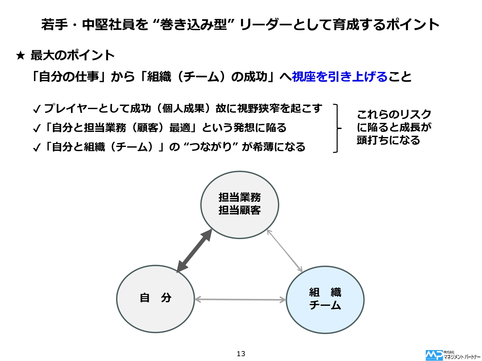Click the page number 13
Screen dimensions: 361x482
(x=241, y=354)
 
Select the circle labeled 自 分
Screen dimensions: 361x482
(x=156, y=299)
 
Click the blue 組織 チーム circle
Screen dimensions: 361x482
(x=325, y=300)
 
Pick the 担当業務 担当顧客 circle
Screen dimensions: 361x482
(x=240, y=205)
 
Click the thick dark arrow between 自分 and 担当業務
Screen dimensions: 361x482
(x=194, y=251)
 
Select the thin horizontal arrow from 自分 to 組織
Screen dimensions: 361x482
(x=240, y=300)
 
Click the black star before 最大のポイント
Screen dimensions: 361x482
(x=20, y=56)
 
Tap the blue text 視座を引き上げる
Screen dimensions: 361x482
(x=339, y=77)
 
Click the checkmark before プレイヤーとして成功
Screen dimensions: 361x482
(x=37, y=109)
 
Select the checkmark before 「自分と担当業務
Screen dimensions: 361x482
(x=37, y=129)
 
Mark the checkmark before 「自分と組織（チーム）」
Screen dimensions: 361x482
(x=37, y=148)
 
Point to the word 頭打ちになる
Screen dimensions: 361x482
(x=388, y=140)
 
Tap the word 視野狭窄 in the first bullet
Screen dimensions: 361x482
(x=258, y=108)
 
